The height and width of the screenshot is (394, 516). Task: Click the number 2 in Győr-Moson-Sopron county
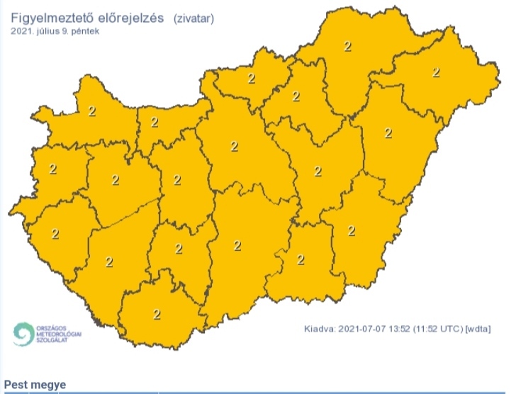click(x=91, y=111)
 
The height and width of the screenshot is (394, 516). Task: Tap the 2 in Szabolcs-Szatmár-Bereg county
click(x=435, y=72)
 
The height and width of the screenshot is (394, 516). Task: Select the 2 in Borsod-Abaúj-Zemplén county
click(x=347, y=47)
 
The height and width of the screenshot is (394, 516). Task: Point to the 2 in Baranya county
click(x=156, y=314)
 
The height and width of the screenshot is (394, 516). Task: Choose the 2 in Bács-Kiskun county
click(x=237, y=246)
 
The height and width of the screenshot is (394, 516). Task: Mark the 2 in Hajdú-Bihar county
click(x=388, y=132)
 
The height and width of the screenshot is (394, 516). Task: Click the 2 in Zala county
click(x=55, y=233)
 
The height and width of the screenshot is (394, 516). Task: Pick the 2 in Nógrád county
click(x=251, y=78)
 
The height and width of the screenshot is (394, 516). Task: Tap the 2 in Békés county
click(x=351, y=230)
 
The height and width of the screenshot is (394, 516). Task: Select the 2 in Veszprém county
click(x=116, y=180)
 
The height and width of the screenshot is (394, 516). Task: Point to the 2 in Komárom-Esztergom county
click(x=154, y=122)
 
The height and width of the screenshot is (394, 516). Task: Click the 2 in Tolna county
click(x=178, y=249)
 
